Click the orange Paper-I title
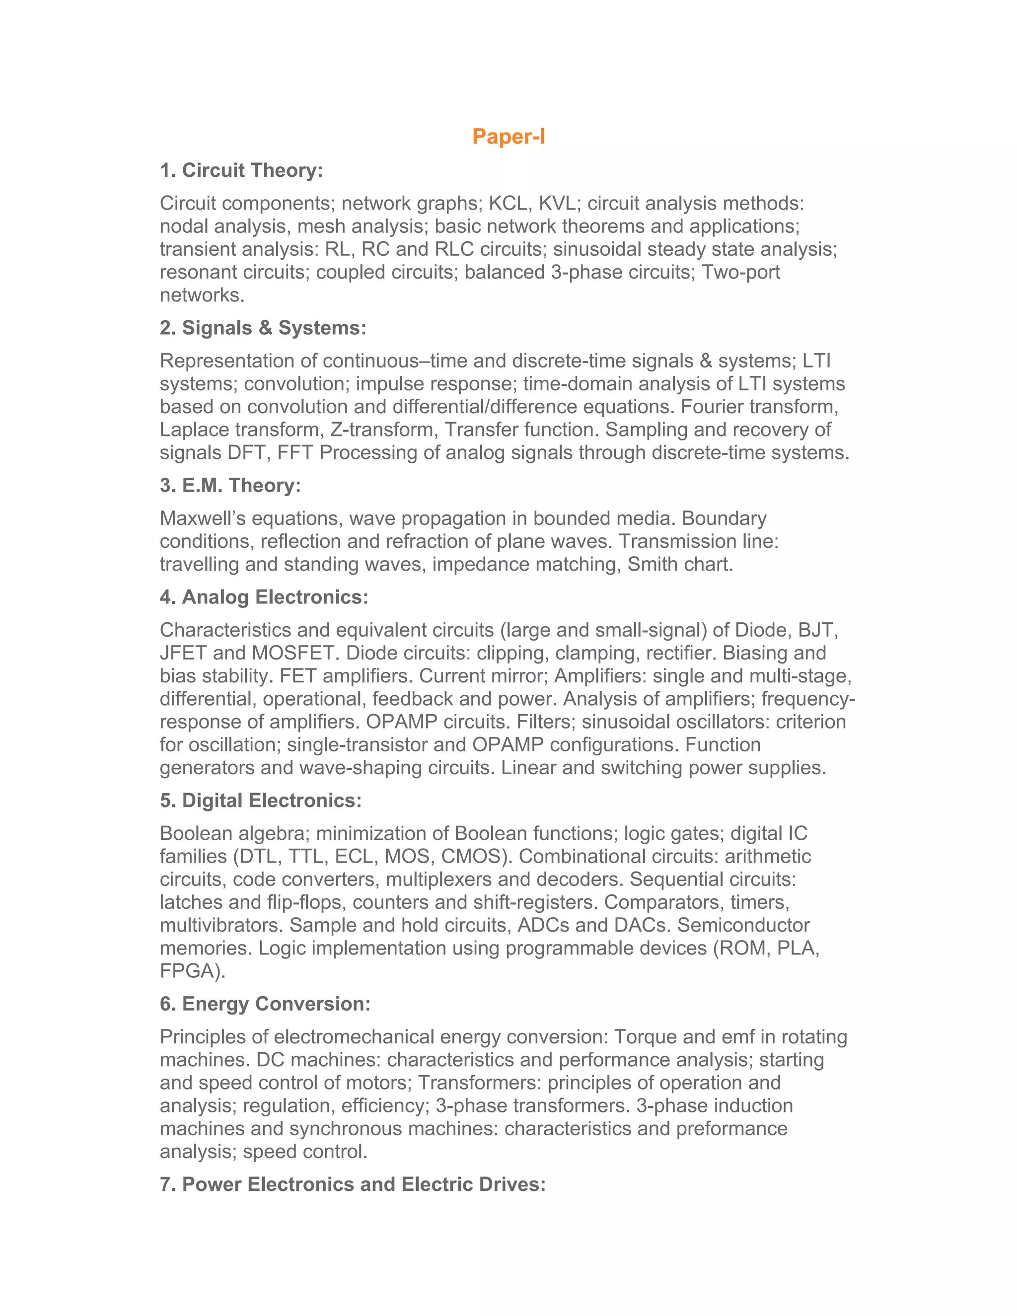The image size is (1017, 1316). [x=508, y=136]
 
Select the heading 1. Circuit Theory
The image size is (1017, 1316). [x=241, y=170]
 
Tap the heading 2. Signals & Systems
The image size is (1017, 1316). [x=263, y=328]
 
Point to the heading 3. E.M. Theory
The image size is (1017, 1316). [x=230, y=485]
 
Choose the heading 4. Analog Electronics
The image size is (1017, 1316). [x=264, y=597]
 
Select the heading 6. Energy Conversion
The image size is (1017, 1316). [x=265, y=1003]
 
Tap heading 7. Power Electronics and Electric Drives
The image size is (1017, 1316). [x=353, y=1184]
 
